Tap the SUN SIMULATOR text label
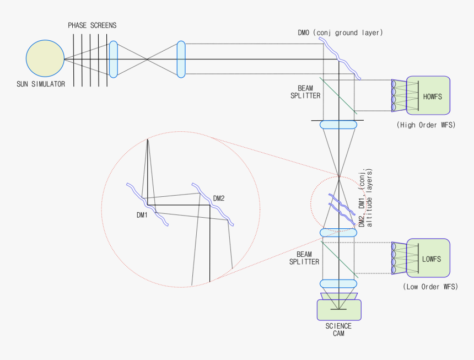pyautogui.click(x=41, y=84)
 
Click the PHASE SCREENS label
pyautogui.click(x=92, y=25)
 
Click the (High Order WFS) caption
pyautogui.click(x=426, y=125)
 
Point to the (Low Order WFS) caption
pyautogui.click(x=430, y=287)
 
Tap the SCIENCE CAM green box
pyautogui.click(x=339, y=310)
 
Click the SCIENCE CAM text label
pyautogui.click(x=338, y=330)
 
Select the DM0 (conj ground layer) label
pyautogui.click(x=340, y=33)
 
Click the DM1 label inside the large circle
pyautogui.click(x=142, y=215)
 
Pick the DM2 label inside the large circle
pyautogui.click(x=219, y=198)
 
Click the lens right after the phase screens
pyautogui.click(x=113, y=59)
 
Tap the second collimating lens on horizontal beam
pyautogui.click(x=181, y=59)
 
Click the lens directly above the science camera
pyautogui.click(x=338, y=283)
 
